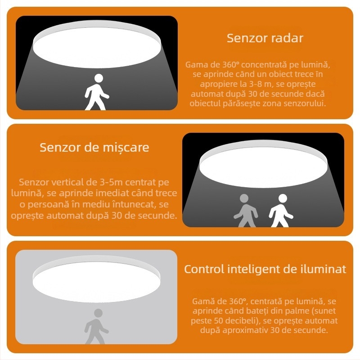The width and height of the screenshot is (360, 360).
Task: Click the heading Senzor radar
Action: [265, 38]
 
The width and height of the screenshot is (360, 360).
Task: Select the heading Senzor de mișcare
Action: [94, 148]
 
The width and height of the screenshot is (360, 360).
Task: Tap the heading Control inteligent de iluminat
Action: [265, 270]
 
